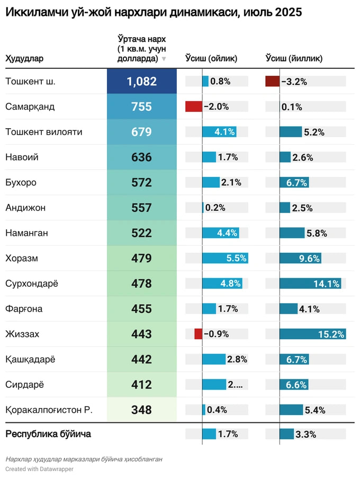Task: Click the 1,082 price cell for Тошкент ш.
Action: pyautogui.click(x=141, y=82)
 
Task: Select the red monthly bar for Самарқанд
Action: pyautogui.click(x=194, y=107)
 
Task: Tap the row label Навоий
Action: pyautogui.click(x=22, y=157)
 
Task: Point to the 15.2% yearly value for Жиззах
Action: pyautogui.click(x=331, y=334)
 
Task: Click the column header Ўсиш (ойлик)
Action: pyautogui.click(x=211, y=58)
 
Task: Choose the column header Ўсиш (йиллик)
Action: pyautogui.click(x=294, y=58)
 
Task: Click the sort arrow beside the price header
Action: pyautogui.click(x=164, y=59)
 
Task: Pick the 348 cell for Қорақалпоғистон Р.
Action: pyautogui.click(x=141, y=410)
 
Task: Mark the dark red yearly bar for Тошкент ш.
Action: pyautogui.click(x=272, y=82)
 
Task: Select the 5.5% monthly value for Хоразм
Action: pyautogui.click(x=236, y=259)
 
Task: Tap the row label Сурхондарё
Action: pyautogui.click(x=32, y=284)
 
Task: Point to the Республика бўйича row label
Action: pyautogui.click(x=48, y=434)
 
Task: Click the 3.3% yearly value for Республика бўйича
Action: pyautogui.click(x=305, y=435)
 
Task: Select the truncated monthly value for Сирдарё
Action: pyautogui.click(x=235, y=385)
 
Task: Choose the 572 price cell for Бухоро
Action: pyautogui.click(x=141, y=183)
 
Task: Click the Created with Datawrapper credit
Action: pyautogui.click(x=40, y=469)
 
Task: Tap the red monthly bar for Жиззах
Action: pyautogui.click(x=199, y=334)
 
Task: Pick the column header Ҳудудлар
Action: pyautogui.click(x=24, y=58)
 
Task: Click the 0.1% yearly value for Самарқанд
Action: pyautogui.click(x=292, y=107)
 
